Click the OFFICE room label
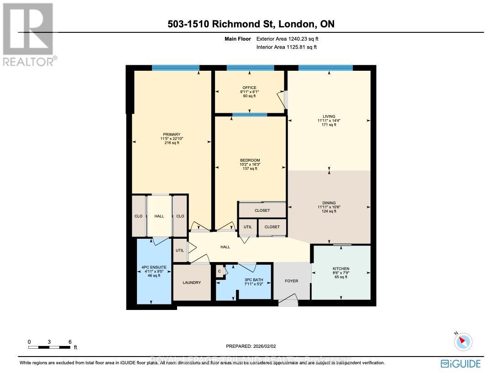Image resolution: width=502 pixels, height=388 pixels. (249, 88)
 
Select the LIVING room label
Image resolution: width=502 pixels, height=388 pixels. (329, 116)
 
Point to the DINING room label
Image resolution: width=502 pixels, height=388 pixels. (329, 203)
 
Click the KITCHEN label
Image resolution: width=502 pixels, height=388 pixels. (341, 268)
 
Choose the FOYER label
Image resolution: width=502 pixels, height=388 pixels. (291, 281)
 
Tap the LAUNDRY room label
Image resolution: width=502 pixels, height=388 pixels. (192, 283)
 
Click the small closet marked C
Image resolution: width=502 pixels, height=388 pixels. (220, 271)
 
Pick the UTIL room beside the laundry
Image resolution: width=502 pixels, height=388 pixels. (180, 251)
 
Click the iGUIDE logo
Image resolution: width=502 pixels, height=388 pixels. (460, 364)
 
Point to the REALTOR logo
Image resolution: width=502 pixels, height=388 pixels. (28, 34)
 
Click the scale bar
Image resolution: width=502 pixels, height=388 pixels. (49, 347)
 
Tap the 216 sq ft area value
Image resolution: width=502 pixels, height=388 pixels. (172, 143)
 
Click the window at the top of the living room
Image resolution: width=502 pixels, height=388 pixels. (325, 68)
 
